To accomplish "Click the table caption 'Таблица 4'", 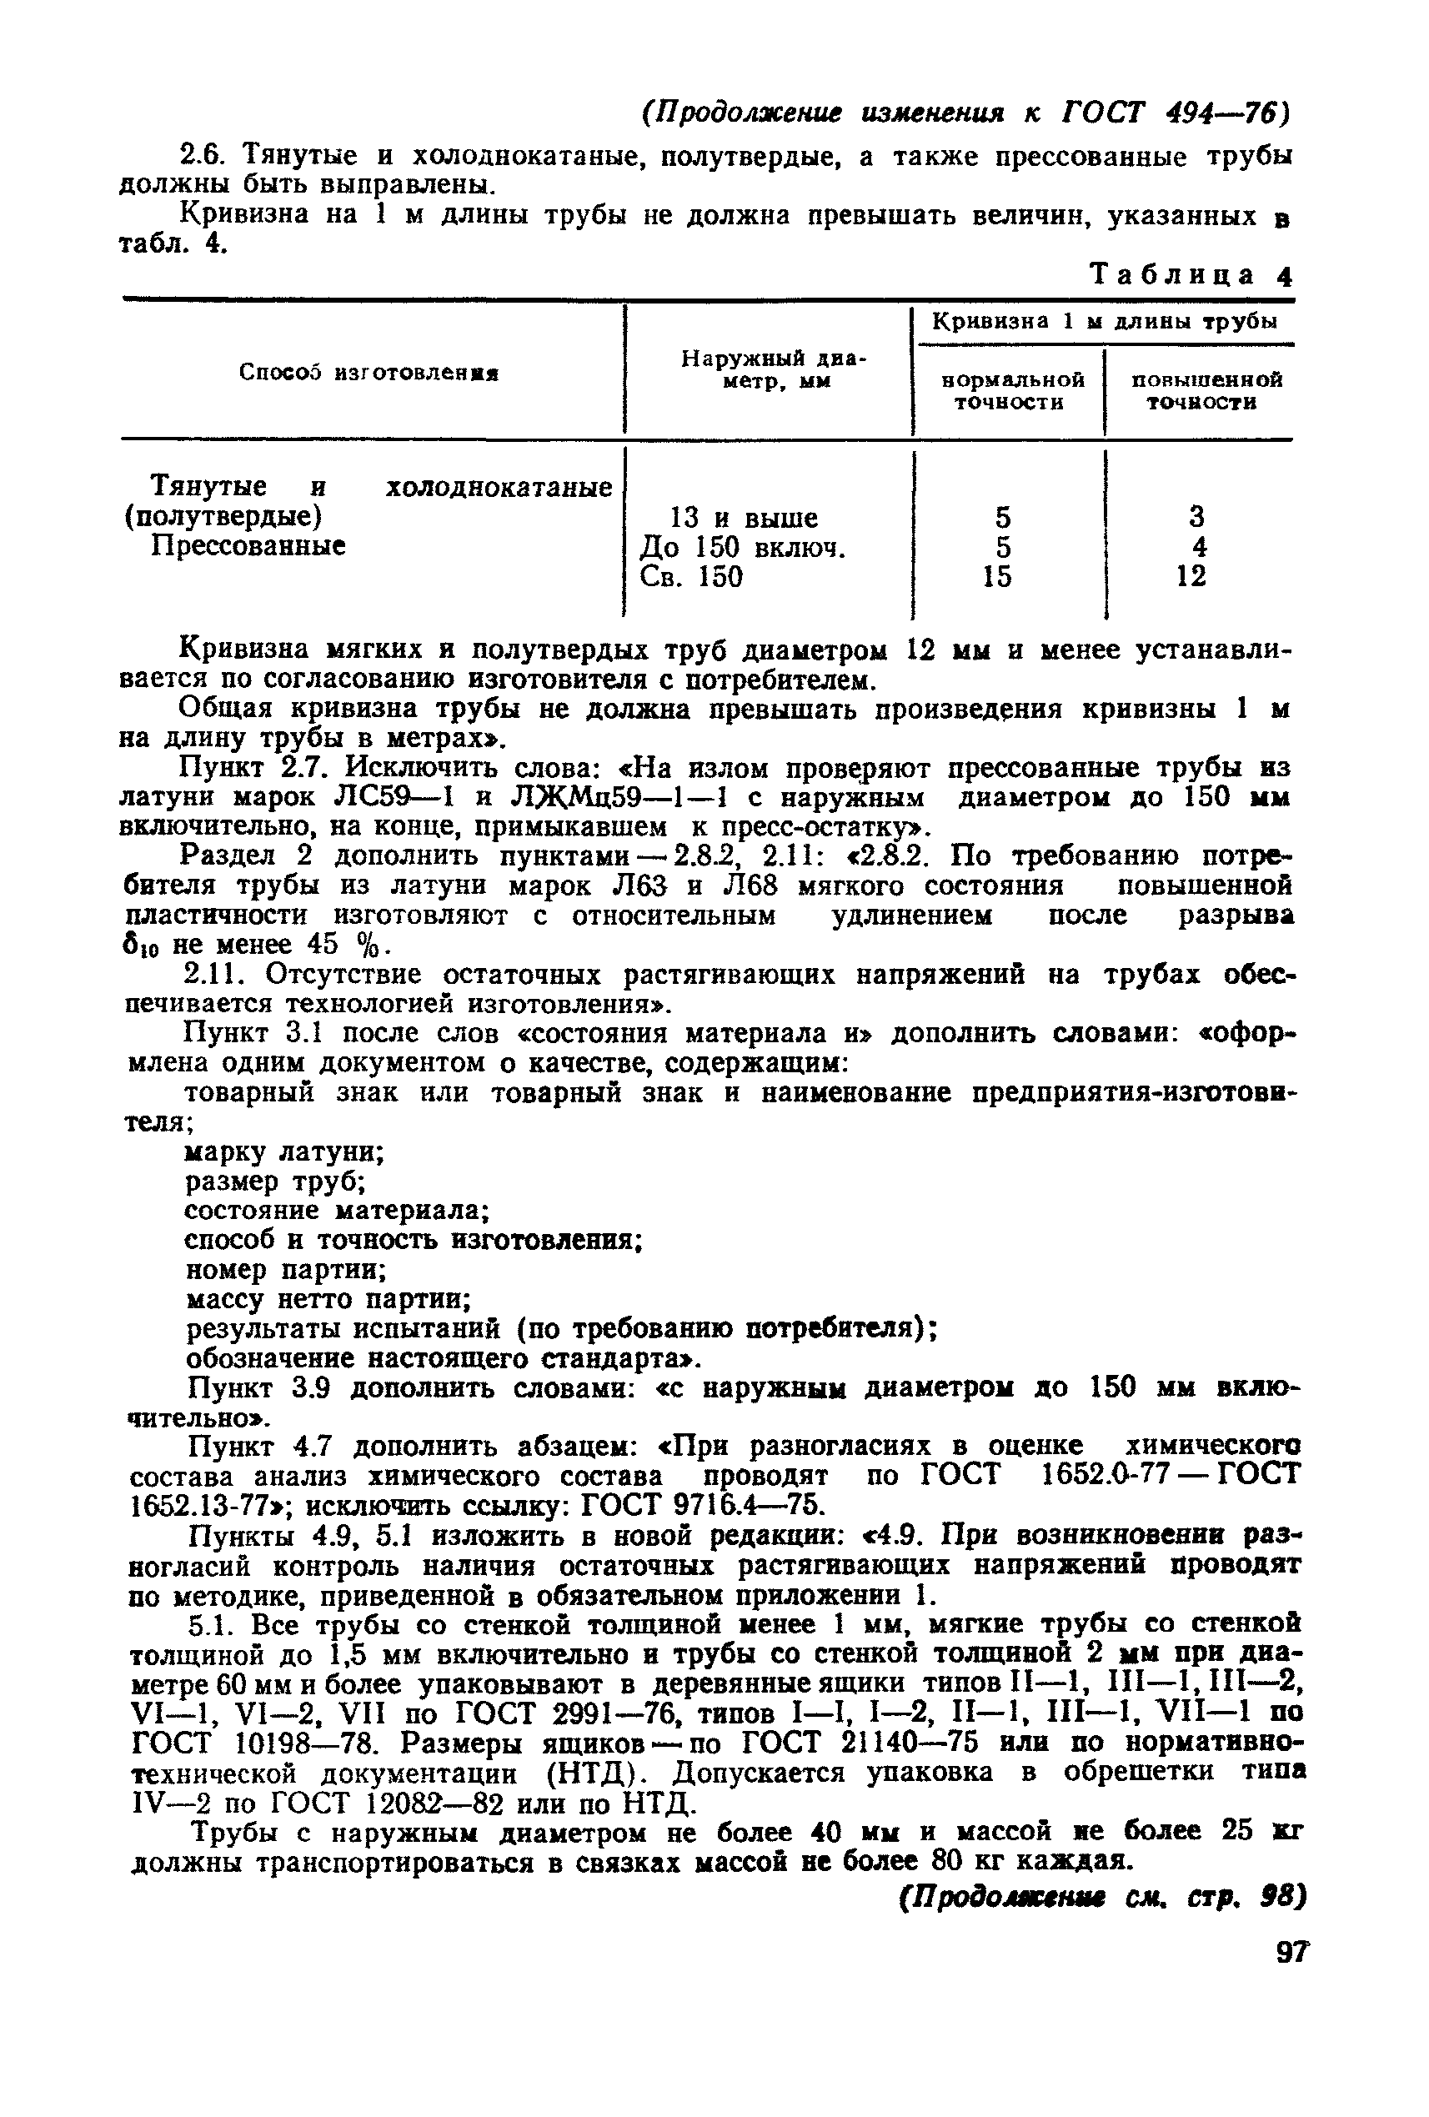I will pos(1191,275).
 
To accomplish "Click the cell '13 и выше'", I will pos(743,519).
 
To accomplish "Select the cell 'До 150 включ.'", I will pos(743,548).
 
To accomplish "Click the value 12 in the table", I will pos(1191,575).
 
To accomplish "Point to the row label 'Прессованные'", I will pos(248,545).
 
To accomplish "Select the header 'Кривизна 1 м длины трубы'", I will pos(1105,322).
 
